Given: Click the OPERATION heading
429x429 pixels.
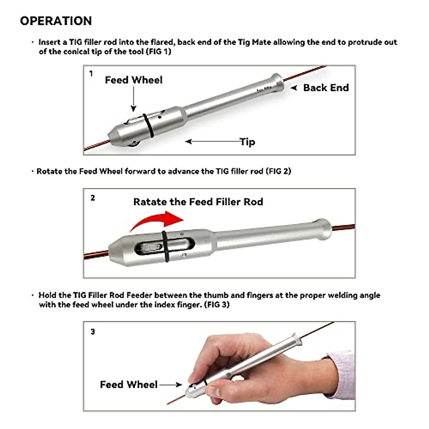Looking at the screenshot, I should (x=56, y=21).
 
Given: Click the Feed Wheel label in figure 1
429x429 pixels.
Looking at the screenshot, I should (x=134, y=80).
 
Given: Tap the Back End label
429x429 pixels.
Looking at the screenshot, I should (x=326, y=88).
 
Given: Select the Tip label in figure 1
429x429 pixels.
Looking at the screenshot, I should (x=247, y=142).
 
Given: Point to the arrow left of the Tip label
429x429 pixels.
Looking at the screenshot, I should (x=213, y=142).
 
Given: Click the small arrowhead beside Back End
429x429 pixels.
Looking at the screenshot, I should (x=294, y=88).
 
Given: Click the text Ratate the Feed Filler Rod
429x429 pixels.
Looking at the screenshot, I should (x=198, y=202).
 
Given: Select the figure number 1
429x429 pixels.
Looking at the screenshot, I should (x=91, y=74).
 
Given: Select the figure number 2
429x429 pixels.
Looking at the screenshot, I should (x=93, y=198).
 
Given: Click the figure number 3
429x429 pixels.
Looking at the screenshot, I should (x=93, y=332).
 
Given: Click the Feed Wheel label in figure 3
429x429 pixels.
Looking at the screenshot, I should (x=129, y=385).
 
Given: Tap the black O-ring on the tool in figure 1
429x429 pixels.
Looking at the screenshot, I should (x=148, y=125).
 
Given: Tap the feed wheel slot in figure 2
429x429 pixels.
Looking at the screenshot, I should (x=152, y=247).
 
